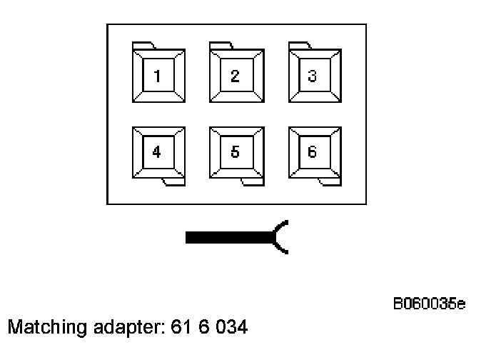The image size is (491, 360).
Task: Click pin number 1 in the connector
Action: click(158, 76)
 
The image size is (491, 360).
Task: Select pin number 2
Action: click(236, 76)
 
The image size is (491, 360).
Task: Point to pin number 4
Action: click(158, 152)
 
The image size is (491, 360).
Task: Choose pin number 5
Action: click(236, 152)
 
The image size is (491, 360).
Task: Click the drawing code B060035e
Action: click(430, 305)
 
